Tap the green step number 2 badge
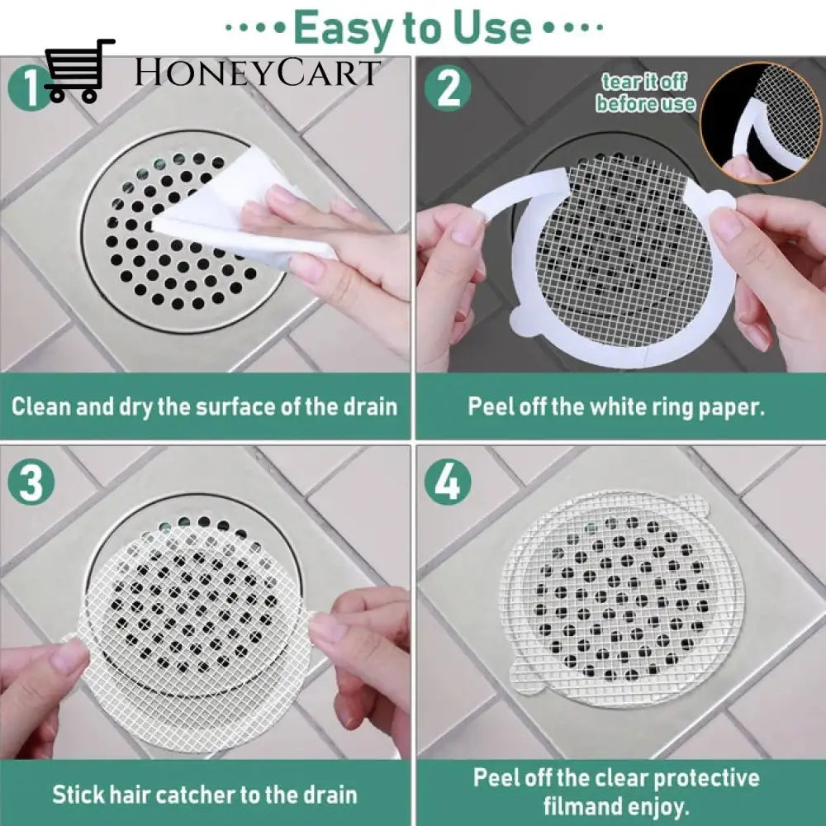pos(448,88)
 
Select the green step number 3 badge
pos(31,482)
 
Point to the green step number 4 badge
pos(449,482)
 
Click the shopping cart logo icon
pos(79,70)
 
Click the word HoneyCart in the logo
pos(257,73)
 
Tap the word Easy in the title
pos(344,27)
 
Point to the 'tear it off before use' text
pos(645,93)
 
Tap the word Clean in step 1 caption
pos(40,406)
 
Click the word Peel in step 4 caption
pos(495,777)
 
